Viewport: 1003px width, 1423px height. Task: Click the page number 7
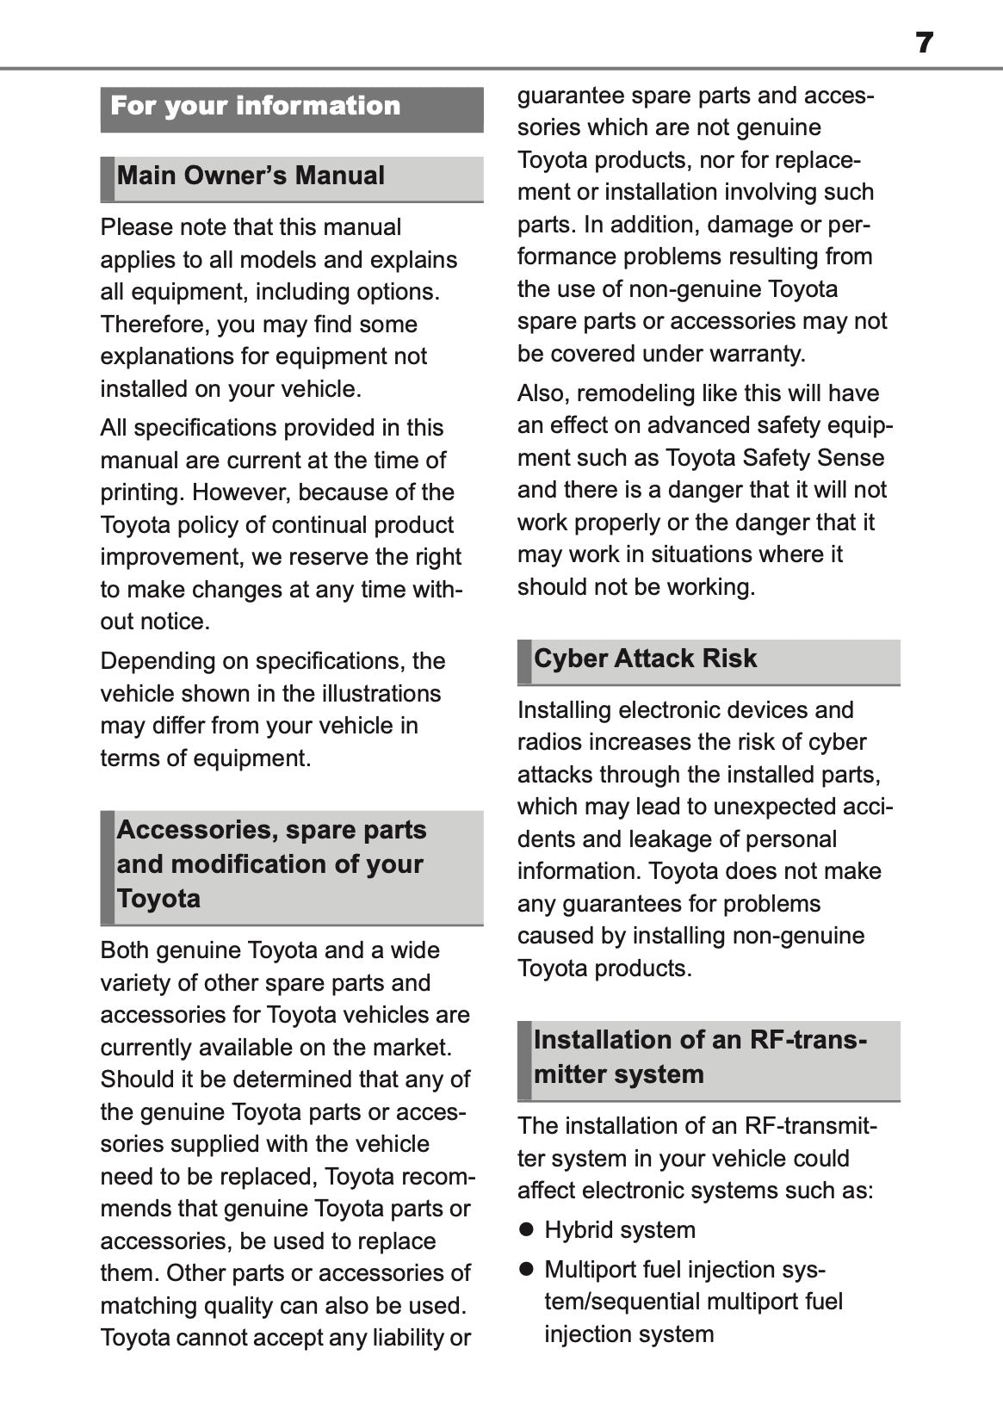point(924,42)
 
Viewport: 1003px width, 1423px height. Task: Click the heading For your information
point(256,106)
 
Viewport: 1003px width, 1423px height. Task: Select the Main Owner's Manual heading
point(251,176)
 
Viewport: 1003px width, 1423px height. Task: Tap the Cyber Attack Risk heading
point(645,659)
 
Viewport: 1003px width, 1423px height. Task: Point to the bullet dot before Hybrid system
point(527,1229)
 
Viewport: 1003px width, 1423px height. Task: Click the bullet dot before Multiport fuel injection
point(527,1269)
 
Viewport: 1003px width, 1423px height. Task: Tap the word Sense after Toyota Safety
point(851,458)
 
